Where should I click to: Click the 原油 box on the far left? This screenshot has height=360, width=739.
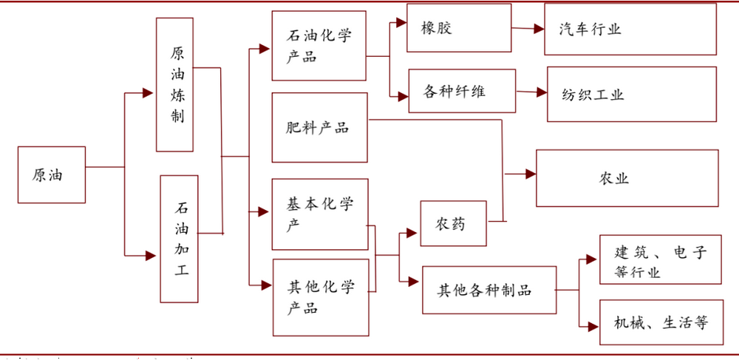pos(51,174)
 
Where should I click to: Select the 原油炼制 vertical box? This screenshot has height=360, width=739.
pos(174,85)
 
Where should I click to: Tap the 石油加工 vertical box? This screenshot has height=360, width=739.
pos(180,239)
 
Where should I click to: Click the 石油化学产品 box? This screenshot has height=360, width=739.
pos(319,46)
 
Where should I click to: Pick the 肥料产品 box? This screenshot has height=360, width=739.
pos(319,127)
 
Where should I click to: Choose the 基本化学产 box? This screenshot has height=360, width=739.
pos(319,214)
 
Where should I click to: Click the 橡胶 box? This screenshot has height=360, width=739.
pos(458,28)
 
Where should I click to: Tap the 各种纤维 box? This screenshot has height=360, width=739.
pos(463,91)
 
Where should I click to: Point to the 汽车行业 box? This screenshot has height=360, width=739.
pos(630,29)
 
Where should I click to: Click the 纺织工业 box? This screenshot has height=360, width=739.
pos(631,94)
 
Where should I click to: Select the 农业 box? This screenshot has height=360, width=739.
pos(627,178)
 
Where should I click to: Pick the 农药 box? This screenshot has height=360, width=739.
pos(453,223)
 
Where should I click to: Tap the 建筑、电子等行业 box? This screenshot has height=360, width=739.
pos(660,259)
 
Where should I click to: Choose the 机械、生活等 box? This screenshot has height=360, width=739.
pos(660,322)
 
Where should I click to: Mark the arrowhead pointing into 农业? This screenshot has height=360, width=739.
pos(530,174)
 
